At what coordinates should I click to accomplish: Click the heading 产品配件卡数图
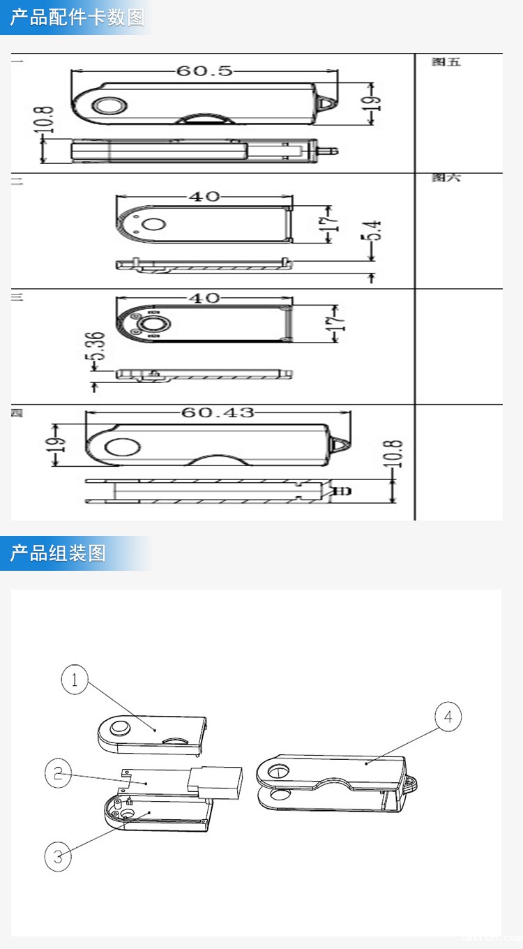[x=77, y=17]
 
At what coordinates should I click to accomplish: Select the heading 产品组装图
[x=58, y=553]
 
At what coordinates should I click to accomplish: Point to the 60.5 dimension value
[x=204, y=71]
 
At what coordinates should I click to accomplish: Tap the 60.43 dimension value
[x=218, y=412]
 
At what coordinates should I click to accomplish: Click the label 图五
[x=446, y=62]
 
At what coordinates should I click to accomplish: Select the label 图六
[x=446, y=178]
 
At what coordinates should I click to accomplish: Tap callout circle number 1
[x=75, y=679]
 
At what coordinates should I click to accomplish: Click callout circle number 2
[x=58, y=772]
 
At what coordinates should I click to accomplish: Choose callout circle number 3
[x=58, y=856]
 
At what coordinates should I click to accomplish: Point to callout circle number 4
[x=448, y=717]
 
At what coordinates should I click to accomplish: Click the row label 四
[x=16, y=412]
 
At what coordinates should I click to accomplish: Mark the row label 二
[x=17, y=181]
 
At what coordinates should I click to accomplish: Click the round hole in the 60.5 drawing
[x=109, y=106]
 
